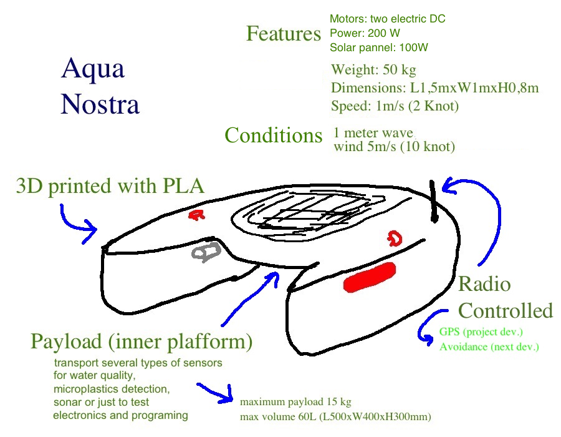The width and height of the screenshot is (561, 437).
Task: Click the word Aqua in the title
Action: click(x=93, y=69)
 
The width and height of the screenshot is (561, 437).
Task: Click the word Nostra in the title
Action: click(x=100, y=104)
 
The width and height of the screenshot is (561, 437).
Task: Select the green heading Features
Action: click(x=284, y=34)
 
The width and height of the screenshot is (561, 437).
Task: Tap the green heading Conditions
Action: click(x=273, y=135)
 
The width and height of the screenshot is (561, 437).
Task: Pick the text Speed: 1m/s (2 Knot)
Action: click(x=395, y=106)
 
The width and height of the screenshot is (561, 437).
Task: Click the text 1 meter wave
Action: click(x=373, y=133)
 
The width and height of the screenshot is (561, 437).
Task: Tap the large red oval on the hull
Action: click(x=370, y=277)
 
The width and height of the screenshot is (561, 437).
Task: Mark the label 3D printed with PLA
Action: click(x=110, y=185)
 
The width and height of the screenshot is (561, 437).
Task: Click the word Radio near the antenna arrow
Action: click(x=484, y=285)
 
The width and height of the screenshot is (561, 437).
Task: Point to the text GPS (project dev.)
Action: click(x=481, y=331)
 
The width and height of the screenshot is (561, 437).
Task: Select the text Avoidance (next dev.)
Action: click(x=489, y=347)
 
